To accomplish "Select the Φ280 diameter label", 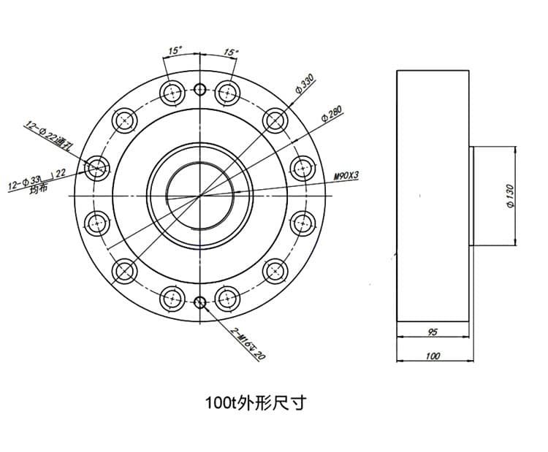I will (x=330, y=114).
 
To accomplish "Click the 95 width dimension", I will (x=433, y=332).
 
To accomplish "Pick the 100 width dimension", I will (x=433, y=356).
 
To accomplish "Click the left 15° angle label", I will (x=175, y=52).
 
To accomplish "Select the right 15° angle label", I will (x=231, y=53).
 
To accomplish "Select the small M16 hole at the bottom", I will (x=201, y=301).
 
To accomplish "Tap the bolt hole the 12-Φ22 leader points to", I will (x=96, y=168).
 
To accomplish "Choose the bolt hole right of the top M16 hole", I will (x=229, y=93).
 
